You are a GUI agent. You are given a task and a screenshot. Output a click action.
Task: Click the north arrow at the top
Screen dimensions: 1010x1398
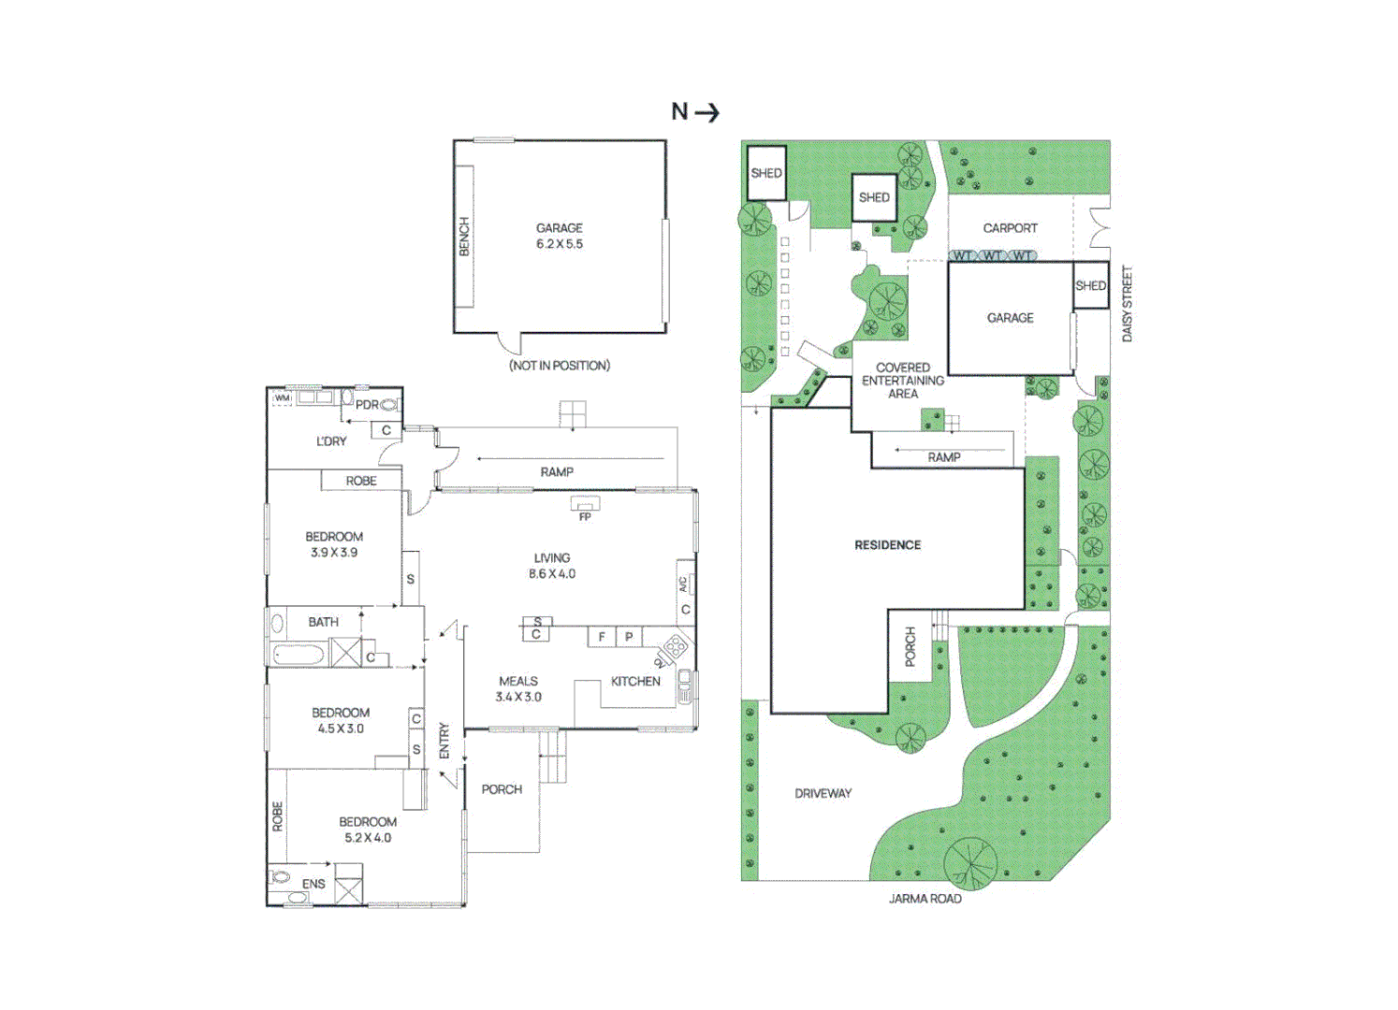pos(696,112)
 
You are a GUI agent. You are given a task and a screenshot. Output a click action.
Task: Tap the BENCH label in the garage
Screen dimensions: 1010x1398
pos(464,237)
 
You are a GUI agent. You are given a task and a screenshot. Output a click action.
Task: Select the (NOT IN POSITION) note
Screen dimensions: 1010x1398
pos(560,366)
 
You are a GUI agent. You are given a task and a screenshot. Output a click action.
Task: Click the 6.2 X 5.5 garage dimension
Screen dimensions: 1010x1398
pos(560,244)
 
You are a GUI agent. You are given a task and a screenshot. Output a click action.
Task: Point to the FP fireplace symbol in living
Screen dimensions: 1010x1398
pos(585,509)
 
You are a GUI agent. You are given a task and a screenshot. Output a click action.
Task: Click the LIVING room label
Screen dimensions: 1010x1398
pos(552,558)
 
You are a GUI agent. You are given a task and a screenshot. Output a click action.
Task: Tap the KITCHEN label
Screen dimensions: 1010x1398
pos(635,682)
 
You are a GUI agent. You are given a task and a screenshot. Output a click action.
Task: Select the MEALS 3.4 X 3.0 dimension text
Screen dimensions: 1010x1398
pos(518,697)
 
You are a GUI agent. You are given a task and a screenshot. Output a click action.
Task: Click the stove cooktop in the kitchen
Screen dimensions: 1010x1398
pos(675,645)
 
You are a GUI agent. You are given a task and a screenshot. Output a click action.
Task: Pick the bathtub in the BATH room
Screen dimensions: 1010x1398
pos(299,655)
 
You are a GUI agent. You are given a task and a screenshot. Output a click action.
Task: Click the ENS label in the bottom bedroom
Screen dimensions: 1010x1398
pos(313,884)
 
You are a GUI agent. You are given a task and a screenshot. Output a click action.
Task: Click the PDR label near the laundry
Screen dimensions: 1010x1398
pos(367,405)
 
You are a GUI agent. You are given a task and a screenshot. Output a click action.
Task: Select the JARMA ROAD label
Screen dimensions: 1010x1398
pos(925,899)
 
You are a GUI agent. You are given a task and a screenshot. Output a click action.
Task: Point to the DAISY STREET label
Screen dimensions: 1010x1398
pos(1127,303)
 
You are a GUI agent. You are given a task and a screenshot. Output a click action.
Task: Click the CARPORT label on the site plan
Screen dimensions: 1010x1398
pos(1010,228)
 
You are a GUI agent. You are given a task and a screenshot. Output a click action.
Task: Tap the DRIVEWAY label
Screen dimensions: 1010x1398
pos(823,794)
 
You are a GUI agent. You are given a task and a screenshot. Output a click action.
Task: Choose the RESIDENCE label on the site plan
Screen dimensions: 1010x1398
pos(887,545)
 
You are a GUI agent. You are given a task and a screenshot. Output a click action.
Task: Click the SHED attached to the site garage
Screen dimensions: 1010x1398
pos(1090,286)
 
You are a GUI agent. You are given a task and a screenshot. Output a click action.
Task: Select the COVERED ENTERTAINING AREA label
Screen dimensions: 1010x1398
pos(902,381)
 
